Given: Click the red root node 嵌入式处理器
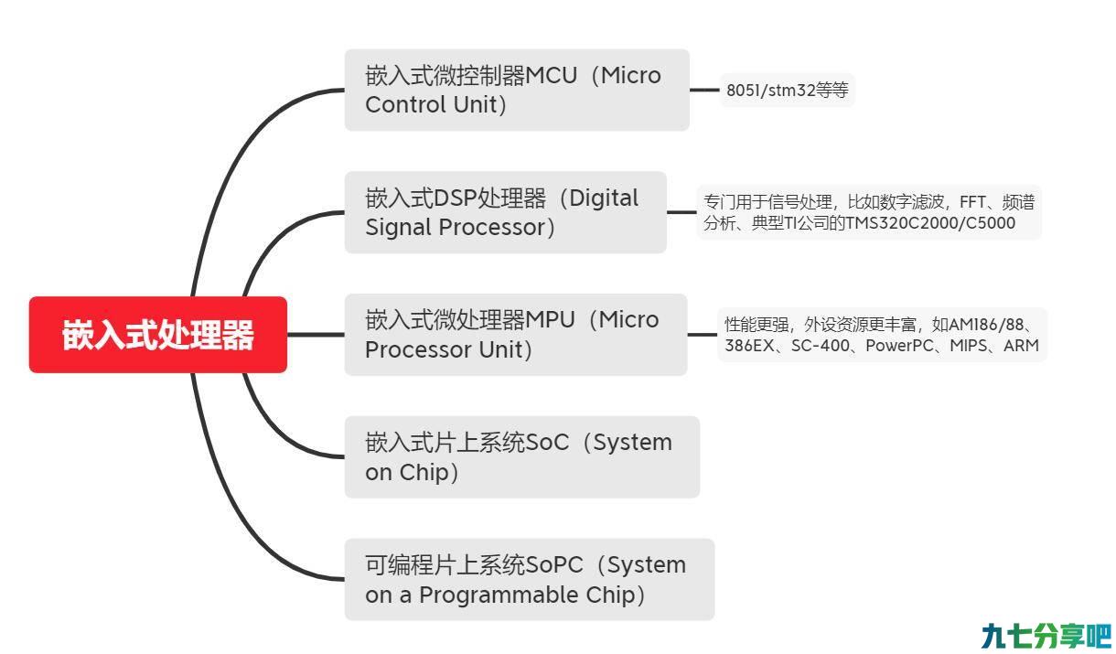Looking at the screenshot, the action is (x=158, y=334).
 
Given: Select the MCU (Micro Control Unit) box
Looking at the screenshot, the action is (x=517, y=90).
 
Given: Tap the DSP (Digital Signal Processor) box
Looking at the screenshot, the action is (x=505, y=212).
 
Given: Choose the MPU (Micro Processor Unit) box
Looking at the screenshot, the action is (x=516, y=334).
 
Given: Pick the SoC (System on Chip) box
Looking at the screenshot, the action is (x=522, y=456).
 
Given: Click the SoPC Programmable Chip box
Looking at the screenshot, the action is (x=529, y=579).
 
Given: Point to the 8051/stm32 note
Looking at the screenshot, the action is (x=788, y=91).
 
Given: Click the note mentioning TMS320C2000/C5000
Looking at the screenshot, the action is (x=869, y=212).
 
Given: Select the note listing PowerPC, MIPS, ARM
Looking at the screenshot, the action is (x=882, y=335).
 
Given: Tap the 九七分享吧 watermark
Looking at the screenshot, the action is (x=1046, y=636).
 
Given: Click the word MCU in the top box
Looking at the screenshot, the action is (x=551, y=76).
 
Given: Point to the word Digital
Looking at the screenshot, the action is (x=604, y=198).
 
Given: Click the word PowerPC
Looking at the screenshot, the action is (x=899, y=345).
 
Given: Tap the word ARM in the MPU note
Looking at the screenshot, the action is (x=1021, y=345).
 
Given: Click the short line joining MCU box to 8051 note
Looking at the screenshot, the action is (x=704, y=91).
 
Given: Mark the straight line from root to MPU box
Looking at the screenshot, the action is (x=316, y=334).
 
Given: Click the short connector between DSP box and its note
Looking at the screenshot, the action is (x=681, y=212).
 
